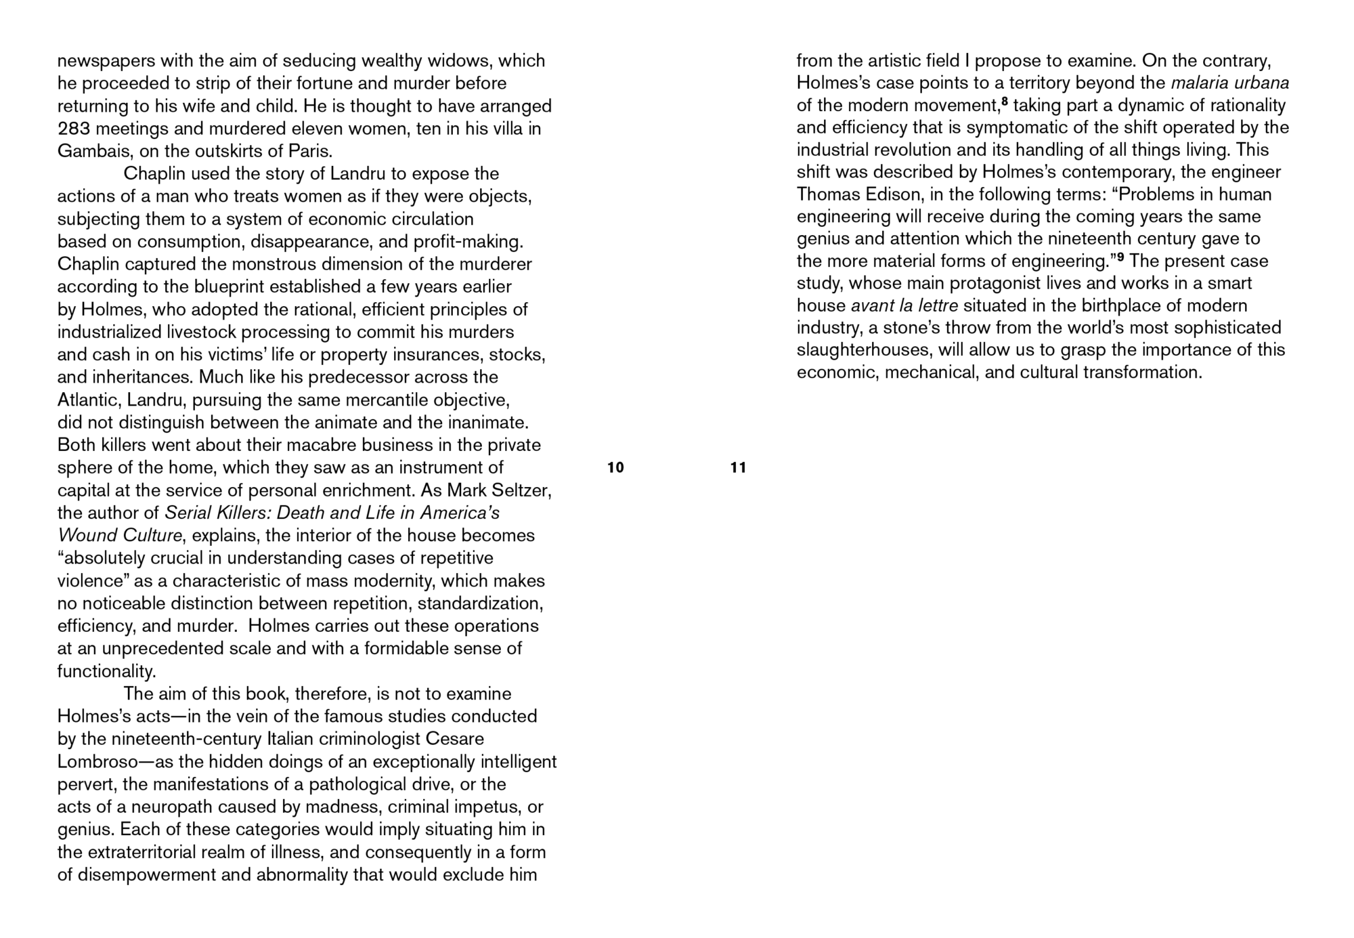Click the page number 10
click(615, 467)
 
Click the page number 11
click(738, 467)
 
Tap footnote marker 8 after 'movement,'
click(1005, 102)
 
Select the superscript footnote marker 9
click(1120, 258)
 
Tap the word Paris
click(311, 151)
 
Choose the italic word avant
click(872, 305)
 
